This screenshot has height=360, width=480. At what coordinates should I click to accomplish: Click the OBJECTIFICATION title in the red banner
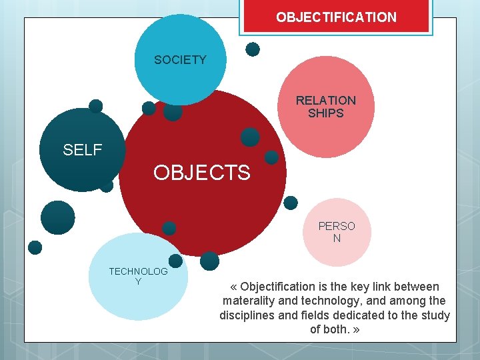pyautogui.click(x=336, y=17)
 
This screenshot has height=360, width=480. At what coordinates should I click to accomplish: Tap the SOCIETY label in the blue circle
pyautogui.click(x=180, y=60)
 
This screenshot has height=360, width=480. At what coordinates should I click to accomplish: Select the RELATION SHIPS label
pyautogui.click(x=326, y=107)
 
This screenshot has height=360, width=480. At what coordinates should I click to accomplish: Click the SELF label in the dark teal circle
pyautogui.click(x=82, y=150)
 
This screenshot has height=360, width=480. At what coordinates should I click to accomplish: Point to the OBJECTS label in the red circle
pyautogui.click(x=201, y=173)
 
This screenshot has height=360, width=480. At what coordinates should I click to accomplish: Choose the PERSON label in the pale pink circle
pyautogui.click(x=337, y=232)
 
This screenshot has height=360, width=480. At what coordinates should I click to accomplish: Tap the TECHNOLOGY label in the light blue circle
pyautogui.click(x=138, y=276)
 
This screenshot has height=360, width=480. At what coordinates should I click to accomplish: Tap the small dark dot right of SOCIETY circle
pyautogui.click(x=253, y=49)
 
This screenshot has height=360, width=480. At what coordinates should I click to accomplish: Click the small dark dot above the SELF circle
pyautogui.click(x=96, y=106)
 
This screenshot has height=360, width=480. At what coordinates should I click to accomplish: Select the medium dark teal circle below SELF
pyautogui.click(x=58, y=217)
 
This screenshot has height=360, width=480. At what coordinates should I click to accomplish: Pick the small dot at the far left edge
pyautogui.click(x=35, y=247)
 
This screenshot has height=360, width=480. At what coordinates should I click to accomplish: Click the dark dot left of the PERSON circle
pyautogui.click(x=291, y=203)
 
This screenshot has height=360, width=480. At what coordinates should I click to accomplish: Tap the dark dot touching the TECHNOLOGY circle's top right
pyautogui.click(x=175, y=261)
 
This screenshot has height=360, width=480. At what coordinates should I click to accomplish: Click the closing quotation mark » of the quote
pyautogui.click(x=357, y=329)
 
